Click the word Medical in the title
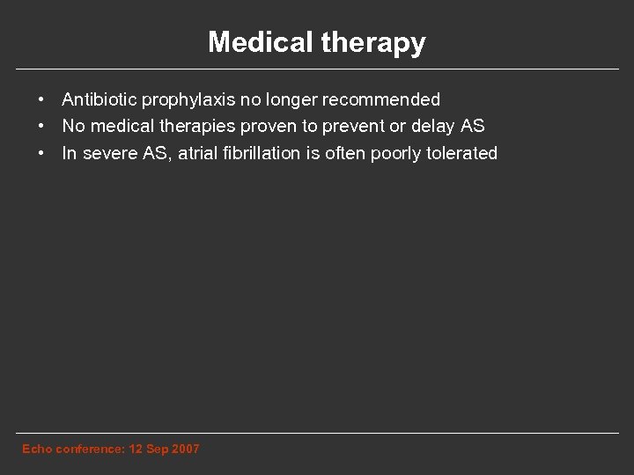(x=252, y=42)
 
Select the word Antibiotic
(x=98, y=100)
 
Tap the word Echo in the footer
(x=36, y=449)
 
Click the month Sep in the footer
(x=153, y=449)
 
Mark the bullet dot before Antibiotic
(x=41, y=100)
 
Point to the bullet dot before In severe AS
(x=41, y=154)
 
